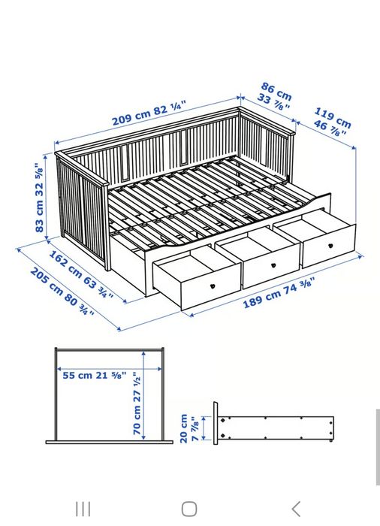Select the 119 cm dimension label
click(x=331, y=122)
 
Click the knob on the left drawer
click(x=213, y=286)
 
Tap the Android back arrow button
click(x=296, y=509)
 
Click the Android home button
click(x=189, y=509)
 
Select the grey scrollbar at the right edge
click(x=377, y=447)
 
